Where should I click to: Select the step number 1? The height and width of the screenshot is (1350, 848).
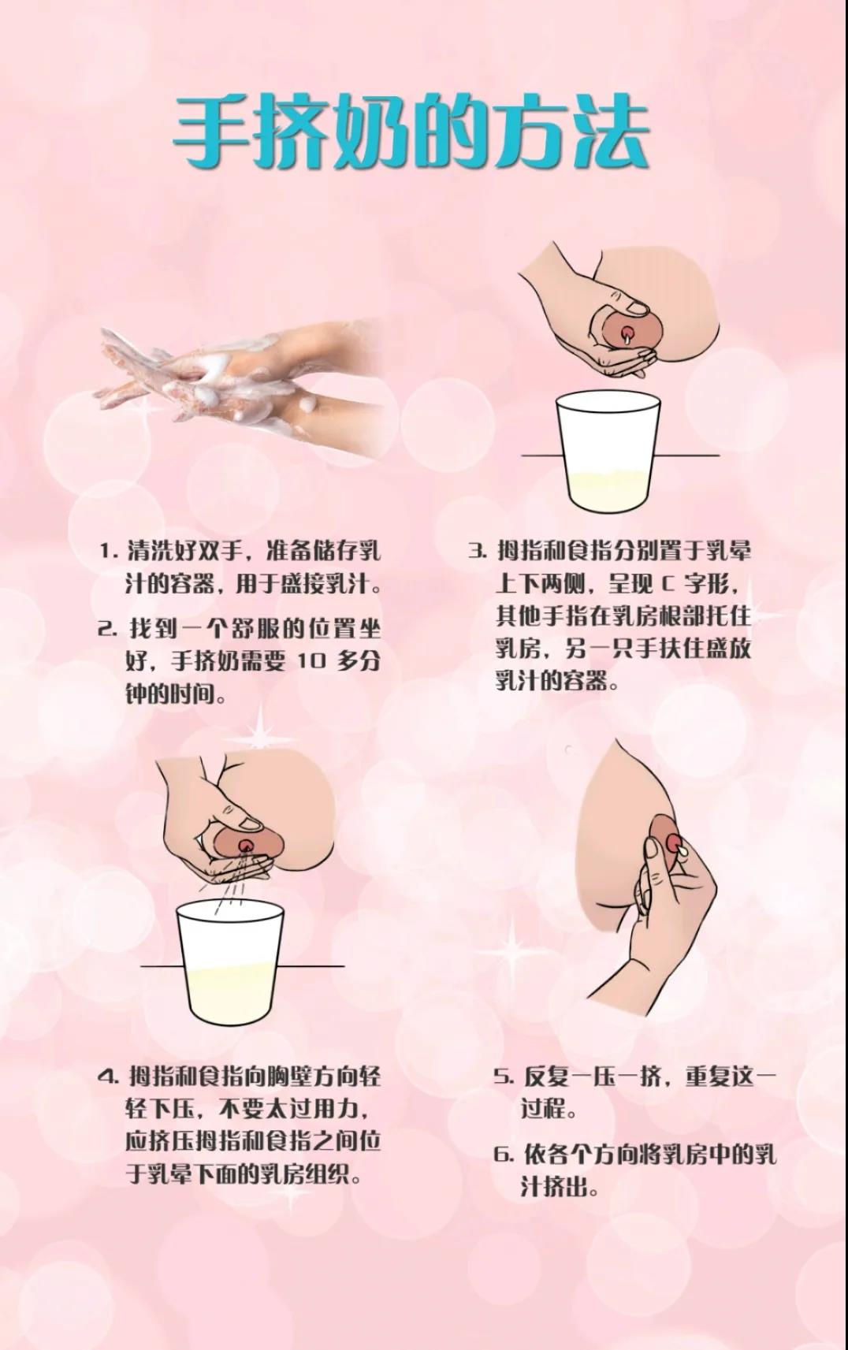coord(107,551)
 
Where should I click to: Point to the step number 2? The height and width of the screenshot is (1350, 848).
coord(107,629)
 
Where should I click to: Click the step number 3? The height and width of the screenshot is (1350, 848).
coord(477,551)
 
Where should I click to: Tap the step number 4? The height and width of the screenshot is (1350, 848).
coord(107,1077)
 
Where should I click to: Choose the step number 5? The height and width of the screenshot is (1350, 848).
coord(504,1077)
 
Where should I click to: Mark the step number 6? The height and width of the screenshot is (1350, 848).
coord(504,1155)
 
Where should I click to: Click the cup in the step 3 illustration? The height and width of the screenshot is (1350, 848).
coord(606,449)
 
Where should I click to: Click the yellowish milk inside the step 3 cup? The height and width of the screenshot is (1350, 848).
coord(606,489)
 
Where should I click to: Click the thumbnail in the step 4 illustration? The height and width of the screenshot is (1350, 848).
coord(251,824)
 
